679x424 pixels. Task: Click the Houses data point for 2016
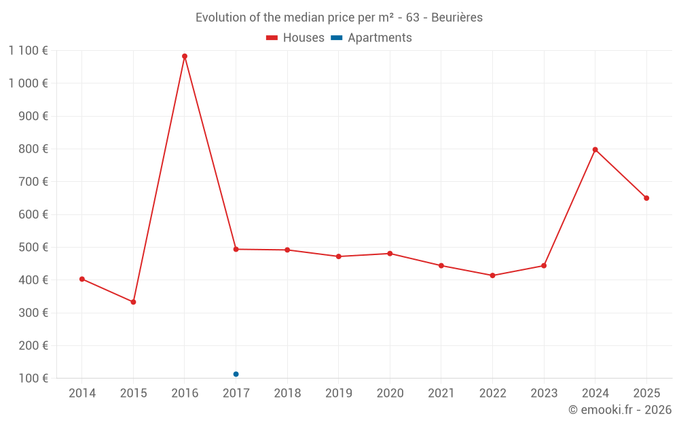(185, 56)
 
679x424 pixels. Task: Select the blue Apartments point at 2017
(236, 374)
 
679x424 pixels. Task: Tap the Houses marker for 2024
(595, 150)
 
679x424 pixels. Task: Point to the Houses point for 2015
(133, 302)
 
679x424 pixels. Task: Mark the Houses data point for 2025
(646, 198)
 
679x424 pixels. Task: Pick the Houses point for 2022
(492, 275)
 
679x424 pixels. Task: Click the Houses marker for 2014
(82, 279)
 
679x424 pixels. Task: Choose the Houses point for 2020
(390, 254)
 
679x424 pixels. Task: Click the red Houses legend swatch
(272, 38)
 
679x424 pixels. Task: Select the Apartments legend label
(380, 38)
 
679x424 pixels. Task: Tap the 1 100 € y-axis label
(28, 50)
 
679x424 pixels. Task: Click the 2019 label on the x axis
(338, 393)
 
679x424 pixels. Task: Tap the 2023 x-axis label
(544, 393)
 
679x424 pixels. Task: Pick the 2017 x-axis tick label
(236, 393)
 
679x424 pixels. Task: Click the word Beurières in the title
(457, 18)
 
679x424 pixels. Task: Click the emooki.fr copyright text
(620, 410)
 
